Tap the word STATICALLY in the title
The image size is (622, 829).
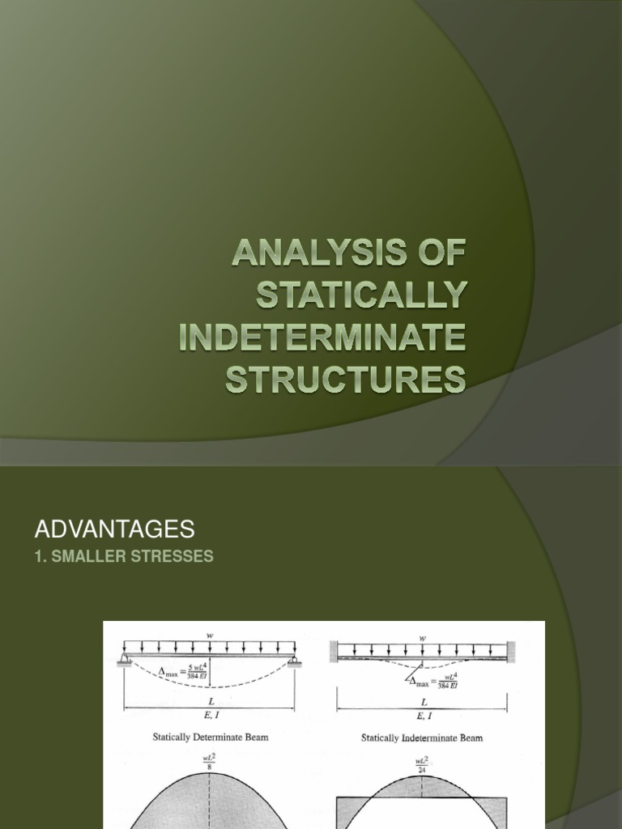361,296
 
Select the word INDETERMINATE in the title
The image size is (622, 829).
323,337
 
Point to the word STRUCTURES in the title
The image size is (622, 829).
346,378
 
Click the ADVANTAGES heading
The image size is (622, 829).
114,529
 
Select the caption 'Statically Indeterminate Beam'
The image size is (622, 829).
422,738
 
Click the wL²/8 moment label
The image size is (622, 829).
209,763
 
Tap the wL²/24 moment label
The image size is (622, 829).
422,763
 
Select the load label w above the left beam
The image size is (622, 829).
209,636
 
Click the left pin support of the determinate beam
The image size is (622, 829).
126,660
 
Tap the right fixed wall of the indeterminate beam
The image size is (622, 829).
512,651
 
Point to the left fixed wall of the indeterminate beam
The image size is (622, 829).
333,651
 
